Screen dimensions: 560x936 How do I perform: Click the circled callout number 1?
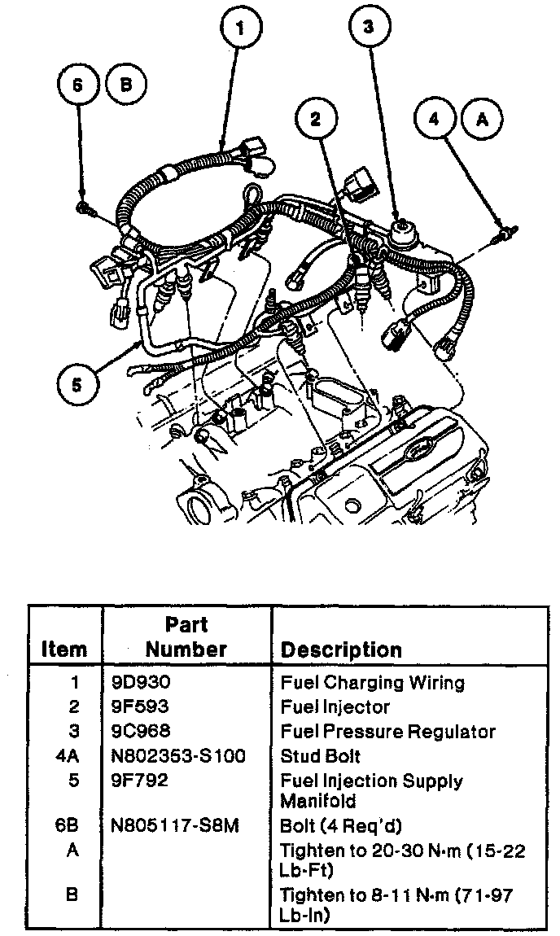point(240,28)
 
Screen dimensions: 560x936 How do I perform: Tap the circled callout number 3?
point(368,28)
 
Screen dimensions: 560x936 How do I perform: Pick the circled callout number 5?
point(77,383)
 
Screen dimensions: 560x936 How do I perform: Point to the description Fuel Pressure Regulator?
point(387,732)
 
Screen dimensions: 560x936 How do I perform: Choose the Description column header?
point(341,650)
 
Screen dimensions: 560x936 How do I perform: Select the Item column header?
point(63,650)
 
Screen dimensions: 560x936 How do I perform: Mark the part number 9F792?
point(140,781)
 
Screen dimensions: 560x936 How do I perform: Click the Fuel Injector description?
point(335,707)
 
